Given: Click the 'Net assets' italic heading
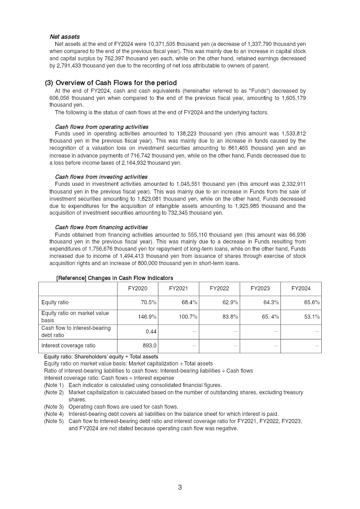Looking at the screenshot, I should coord(64,36).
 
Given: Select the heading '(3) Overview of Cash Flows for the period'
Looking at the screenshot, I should coord(111,83).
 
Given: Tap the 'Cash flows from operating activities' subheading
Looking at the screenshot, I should coord(101,126).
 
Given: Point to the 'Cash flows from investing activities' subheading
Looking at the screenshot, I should coord(101,177).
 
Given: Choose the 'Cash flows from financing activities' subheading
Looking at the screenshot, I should coord(101,227).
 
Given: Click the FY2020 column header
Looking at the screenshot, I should coord(137,288).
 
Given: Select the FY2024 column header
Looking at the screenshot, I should coord(301,288).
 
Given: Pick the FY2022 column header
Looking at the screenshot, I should coord(219,288).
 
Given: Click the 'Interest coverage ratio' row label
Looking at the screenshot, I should coord(68,346).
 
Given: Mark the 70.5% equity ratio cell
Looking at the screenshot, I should coord(148,302).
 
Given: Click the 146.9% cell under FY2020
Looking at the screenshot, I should coord(147,317).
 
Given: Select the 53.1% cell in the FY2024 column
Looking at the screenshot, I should coord(311,317).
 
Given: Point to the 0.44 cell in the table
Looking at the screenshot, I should coord(151,331).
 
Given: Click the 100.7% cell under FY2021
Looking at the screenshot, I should coord(188,317).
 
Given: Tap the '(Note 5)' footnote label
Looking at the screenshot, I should coord(54,421).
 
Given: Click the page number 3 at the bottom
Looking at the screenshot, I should coord(180,487).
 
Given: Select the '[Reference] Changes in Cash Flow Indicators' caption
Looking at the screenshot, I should coord(114,278).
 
